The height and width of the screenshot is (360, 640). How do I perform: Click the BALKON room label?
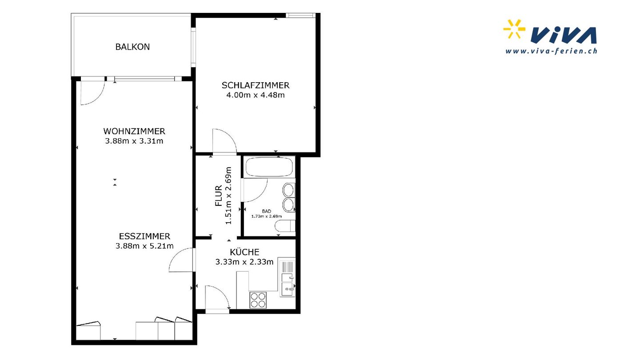[132, 47]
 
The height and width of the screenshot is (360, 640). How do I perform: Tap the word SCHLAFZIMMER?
[256, 85]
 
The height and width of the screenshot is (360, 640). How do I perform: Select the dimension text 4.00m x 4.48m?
[256, 95]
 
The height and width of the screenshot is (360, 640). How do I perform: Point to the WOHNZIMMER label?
[134, 131]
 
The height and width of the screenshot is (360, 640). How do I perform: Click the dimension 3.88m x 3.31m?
[134, 141]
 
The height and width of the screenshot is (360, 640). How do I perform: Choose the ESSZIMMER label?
[144, 236]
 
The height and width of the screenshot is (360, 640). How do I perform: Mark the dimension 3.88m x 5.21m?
[144, 246]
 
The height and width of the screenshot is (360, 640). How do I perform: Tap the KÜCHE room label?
[244, 252]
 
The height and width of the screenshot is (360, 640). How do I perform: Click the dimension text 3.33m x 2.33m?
[244, 262]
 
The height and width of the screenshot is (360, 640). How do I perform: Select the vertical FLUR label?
[219, 196]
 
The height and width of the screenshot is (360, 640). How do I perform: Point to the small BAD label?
[266, 211]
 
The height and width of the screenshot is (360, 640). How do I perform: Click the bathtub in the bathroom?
[269, 167]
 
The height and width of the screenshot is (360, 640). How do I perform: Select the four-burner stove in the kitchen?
[258, 300]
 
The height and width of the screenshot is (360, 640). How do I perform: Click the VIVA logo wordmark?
[564, 35]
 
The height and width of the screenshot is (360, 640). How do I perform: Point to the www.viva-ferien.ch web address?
[551, 51]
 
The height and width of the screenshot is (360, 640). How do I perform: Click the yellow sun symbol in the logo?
[514, 29]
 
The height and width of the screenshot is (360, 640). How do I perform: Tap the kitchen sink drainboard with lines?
[287, 267]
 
